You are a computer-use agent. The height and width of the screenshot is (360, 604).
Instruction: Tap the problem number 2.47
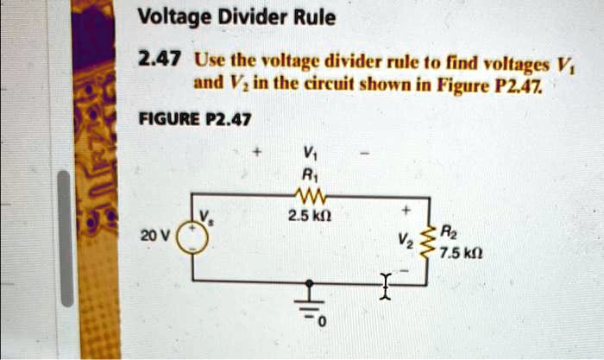tap(159, 60)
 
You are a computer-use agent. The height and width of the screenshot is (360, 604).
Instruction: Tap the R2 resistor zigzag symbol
tap(423, 240)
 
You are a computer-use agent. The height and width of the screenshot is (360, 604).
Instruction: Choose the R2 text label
tap(446, 232)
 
